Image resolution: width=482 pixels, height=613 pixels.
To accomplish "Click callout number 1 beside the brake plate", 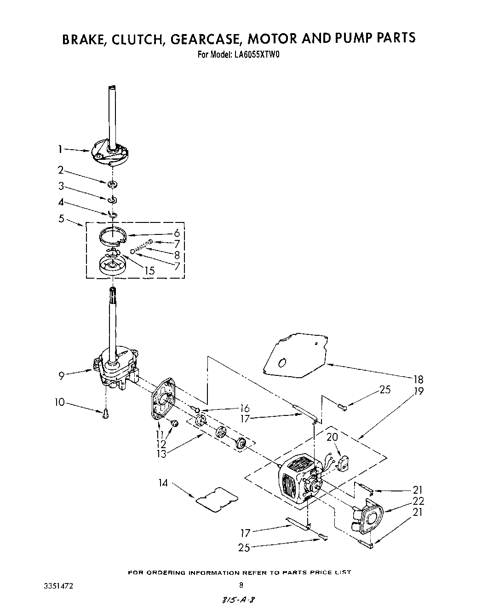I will pos(60,149).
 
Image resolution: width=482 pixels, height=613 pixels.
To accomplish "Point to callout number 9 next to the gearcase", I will pos(61,375).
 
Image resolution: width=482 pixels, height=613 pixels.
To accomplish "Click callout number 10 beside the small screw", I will pos(59,402).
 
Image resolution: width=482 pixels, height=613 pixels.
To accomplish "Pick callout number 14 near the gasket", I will pos(163,484).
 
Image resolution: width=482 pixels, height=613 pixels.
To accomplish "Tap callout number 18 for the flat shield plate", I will pos(418,379).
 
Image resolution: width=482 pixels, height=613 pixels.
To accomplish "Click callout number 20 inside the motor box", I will pos(332,437).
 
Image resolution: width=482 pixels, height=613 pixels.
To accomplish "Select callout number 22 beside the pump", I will pos(418,501).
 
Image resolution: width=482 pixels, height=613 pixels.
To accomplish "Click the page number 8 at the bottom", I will pos(241,586).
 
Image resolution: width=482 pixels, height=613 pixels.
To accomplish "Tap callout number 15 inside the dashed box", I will pos(149,271).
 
